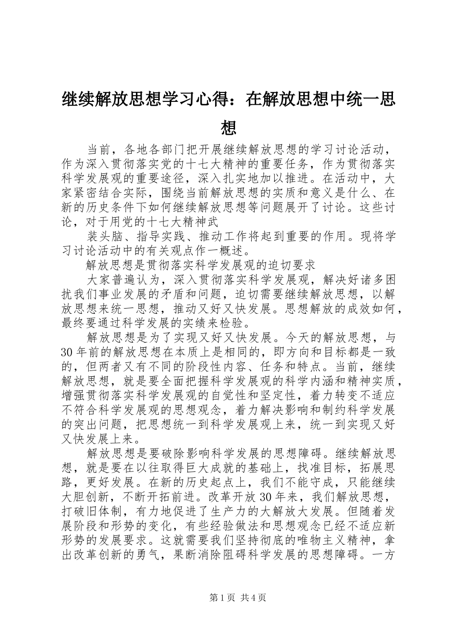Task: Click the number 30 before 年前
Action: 68,352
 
